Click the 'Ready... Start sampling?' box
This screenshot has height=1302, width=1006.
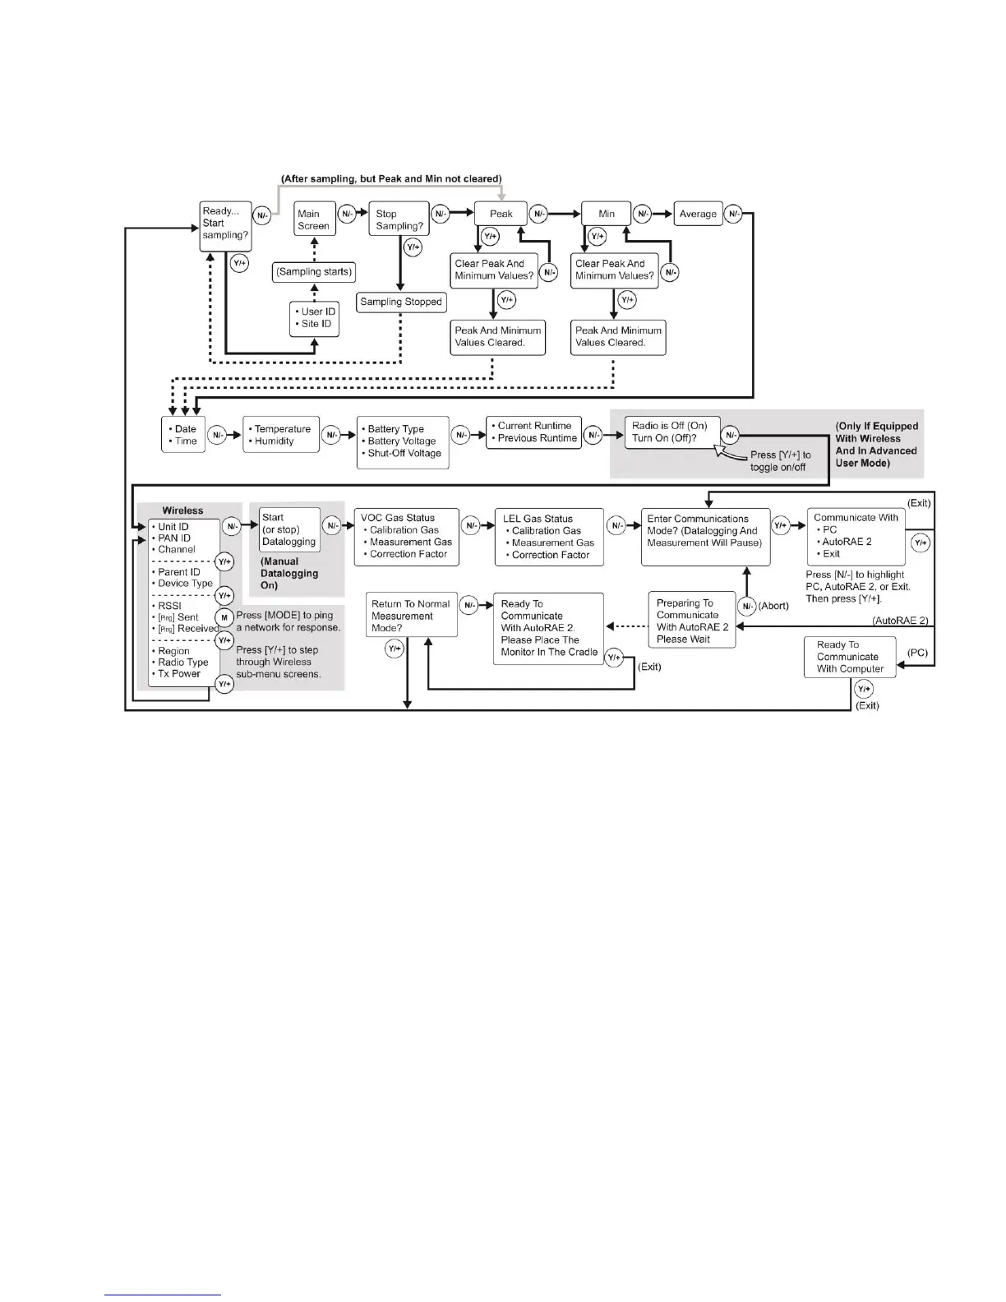click(224, 224)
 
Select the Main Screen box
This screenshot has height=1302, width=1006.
click(314, 219)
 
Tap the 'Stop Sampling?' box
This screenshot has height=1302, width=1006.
click(399, 219)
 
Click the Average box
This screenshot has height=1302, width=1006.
click(698, 214)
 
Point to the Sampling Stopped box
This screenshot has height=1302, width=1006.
click(401, 302)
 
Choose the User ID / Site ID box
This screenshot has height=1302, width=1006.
click(315, 318)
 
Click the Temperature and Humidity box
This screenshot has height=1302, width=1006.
click(280, 435)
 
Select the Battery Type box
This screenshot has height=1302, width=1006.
click(403, 441)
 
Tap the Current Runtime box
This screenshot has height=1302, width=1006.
click(533, 432)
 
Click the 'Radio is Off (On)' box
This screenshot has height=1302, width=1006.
click(671, 432)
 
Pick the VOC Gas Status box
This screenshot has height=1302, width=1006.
click(406, 537)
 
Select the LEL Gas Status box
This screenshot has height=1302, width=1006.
click(548, 537)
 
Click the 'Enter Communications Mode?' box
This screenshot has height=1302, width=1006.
click(705, 536)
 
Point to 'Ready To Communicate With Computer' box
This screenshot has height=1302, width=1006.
click(849, 658)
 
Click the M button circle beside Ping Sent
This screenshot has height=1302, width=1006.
click(224, 617)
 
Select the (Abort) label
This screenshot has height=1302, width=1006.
click(774, 607)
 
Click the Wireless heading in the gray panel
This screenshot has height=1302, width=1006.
click(182, 510)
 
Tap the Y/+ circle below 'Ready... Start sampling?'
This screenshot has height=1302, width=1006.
click(239, 264)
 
